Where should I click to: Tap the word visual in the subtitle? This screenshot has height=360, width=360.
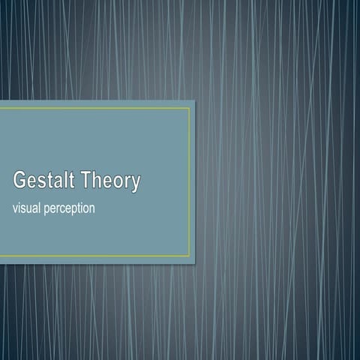click(29, 208)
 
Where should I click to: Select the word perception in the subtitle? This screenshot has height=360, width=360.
click(71, 208)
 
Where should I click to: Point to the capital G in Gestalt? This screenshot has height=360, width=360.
click(20, 181)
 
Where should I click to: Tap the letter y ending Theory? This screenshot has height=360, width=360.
click(135, 184)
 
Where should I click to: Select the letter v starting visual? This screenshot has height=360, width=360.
click(16, 208)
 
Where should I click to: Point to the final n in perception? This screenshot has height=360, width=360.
click(91, 208)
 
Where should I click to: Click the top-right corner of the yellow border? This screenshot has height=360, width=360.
click(189, 108)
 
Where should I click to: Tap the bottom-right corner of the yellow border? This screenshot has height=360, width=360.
click(189, 256)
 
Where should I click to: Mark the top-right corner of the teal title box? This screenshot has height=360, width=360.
click(194, 100)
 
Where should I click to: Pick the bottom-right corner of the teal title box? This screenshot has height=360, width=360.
click(194, 263)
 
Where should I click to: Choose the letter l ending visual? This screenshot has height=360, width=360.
click(42, 207)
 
